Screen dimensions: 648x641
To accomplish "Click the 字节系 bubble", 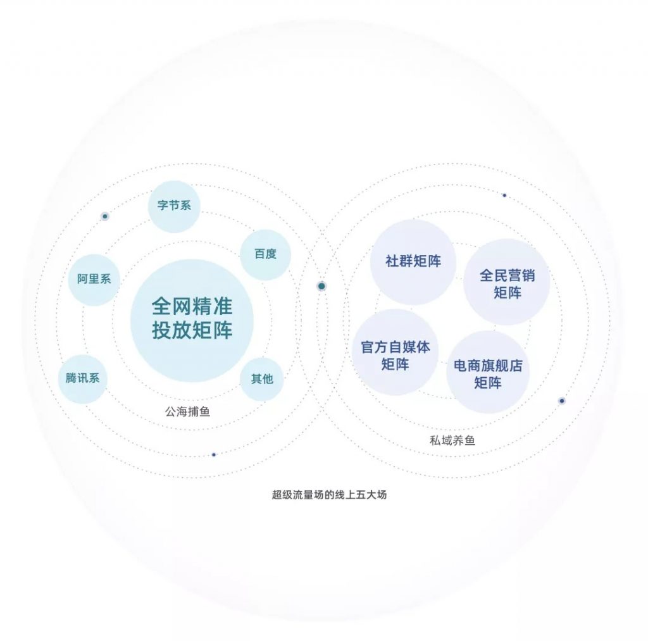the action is click(174, 206).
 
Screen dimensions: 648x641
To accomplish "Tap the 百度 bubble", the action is click(265, 254).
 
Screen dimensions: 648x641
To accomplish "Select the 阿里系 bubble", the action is click(94, 280).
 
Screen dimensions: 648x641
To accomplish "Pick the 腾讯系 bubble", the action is click(83, 378).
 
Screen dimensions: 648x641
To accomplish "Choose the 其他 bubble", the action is click(262, 379).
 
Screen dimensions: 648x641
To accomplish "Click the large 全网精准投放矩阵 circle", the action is click(192, 320).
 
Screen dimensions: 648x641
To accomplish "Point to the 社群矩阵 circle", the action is click(413, 262).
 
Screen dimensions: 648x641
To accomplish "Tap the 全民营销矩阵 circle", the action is click(507, 282).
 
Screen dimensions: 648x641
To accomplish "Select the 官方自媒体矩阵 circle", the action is click(395, 352).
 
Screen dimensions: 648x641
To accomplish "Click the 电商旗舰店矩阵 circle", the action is click(488, 371).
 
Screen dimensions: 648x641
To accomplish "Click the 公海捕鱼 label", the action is click(187, 412).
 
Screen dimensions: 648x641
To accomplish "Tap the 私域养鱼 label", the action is click(452, 440).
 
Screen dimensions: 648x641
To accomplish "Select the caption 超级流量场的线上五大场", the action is click(329, 495).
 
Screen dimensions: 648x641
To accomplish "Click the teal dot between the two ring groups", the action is click(321, 286).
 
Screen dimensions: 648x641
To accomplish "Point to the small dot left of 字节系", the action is click(105, 216).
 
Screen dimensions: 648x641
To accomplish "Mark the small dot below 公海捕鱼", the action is click(214, 454).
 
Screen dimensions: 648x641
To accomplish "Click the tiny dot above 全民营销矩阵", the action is click(504, 195).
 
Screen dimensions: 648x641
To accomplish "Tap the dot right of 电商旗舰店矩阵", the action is click(562, 401).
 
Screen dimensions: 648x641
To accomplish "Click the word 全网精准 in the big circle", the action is click(192, 307).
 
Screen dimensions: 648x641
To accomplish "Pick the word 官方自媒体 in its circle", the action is click(396, 347).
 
